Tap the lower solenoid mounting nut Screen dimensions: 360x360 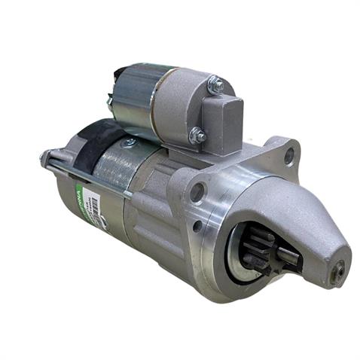(197, 136)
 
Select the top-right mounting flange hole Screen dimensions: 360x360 (288, 156)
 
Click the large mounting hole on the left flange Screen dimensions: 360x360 (197, 193)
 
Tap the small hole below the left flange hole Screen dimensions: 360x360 (197, 225)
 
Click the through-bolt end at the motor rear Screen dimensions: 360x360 (43, 158)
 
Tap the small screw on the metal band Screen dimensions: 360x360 (130, 142)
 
